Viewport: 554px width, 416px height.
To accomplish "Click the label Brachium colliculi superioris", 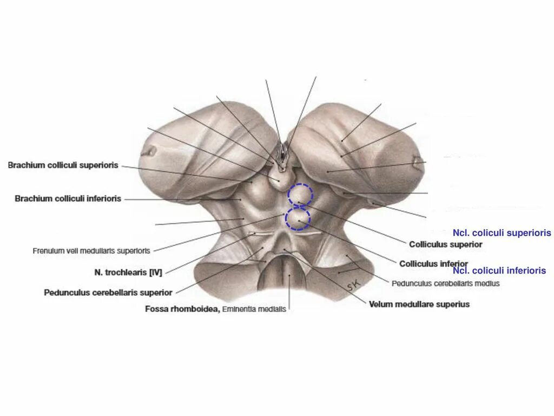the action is (63, 165).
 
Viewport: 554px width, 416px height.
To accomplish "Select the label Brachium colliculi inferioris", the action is (68, 199).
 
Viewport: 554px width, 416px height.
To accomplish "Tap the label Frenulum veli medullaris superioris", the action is (91, 251).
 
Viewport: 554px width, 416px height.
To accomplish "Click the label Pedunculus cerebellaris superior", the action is (108, 292).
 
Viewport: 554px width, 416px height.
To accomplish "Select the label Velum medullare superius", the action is (419, 304).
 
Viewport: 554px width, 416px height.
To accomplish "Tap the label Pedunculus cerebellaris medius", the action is (446, 283).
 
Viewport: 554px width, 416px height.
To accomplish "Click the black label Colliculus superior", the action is (445, 244).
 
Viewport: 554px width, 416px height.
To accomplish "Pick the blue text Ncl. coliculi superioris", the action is (502, 233).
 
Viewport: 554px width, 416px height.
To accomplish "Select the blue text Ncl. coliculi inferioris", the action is (499, 271).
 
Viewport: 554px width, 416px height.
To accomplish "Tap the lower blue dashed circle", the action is (298, 218).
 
